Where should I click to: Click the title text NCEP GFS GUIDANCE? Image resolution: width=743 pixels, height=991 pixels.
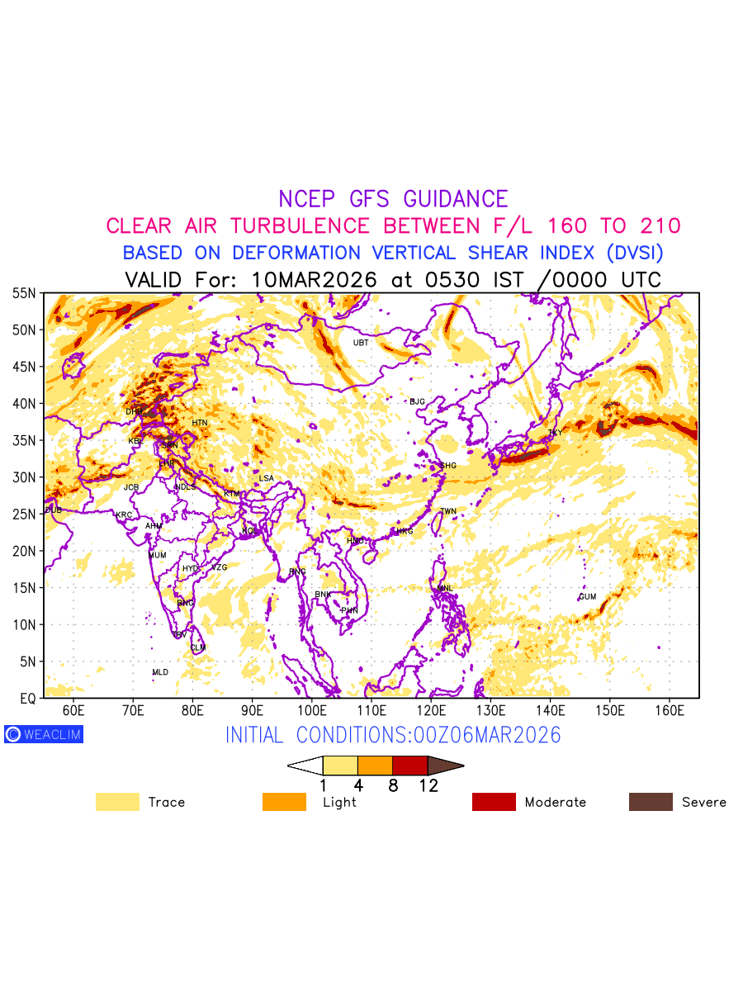[393, 199]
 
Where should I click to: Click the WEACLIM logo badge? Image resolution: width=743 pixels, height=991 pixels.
[44, 734]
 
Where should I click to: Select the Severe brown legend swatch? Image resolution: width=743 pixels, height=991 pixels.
[651, 802]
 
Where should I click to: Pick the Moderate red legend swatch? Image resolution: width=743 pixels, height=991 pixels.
[494, 802]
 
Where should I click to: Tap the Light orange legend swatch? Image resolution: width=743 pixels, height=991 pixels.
[284, 802]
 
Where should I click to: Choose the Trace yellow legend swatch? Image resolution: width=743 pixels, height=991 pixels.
[117, 802]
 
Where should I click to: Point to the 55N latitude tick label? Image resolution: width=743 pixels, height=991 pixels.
[24, 293]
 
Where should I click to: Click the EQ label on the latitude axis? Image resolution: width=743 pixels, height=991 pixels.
[27, 699]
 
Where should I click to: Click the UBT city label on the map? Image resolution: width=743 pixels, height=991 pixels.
[361, 343]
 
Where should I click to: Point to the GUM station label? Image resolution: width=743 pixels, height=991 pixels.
[587, 597]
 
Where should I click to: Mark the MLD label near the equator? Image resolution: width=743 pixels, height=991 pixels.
[160, 673]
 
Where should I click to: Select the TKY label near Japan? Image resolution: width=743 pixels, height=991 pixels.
[555, 434]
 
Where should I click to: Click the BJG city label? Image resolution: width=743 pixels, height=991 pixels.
[417, 402]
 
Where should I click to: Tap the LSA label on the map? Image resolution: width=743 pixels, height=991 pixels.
[266, 479]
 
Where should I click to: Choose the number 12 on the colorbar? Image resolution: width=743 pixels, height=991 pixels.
[428, 786]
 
